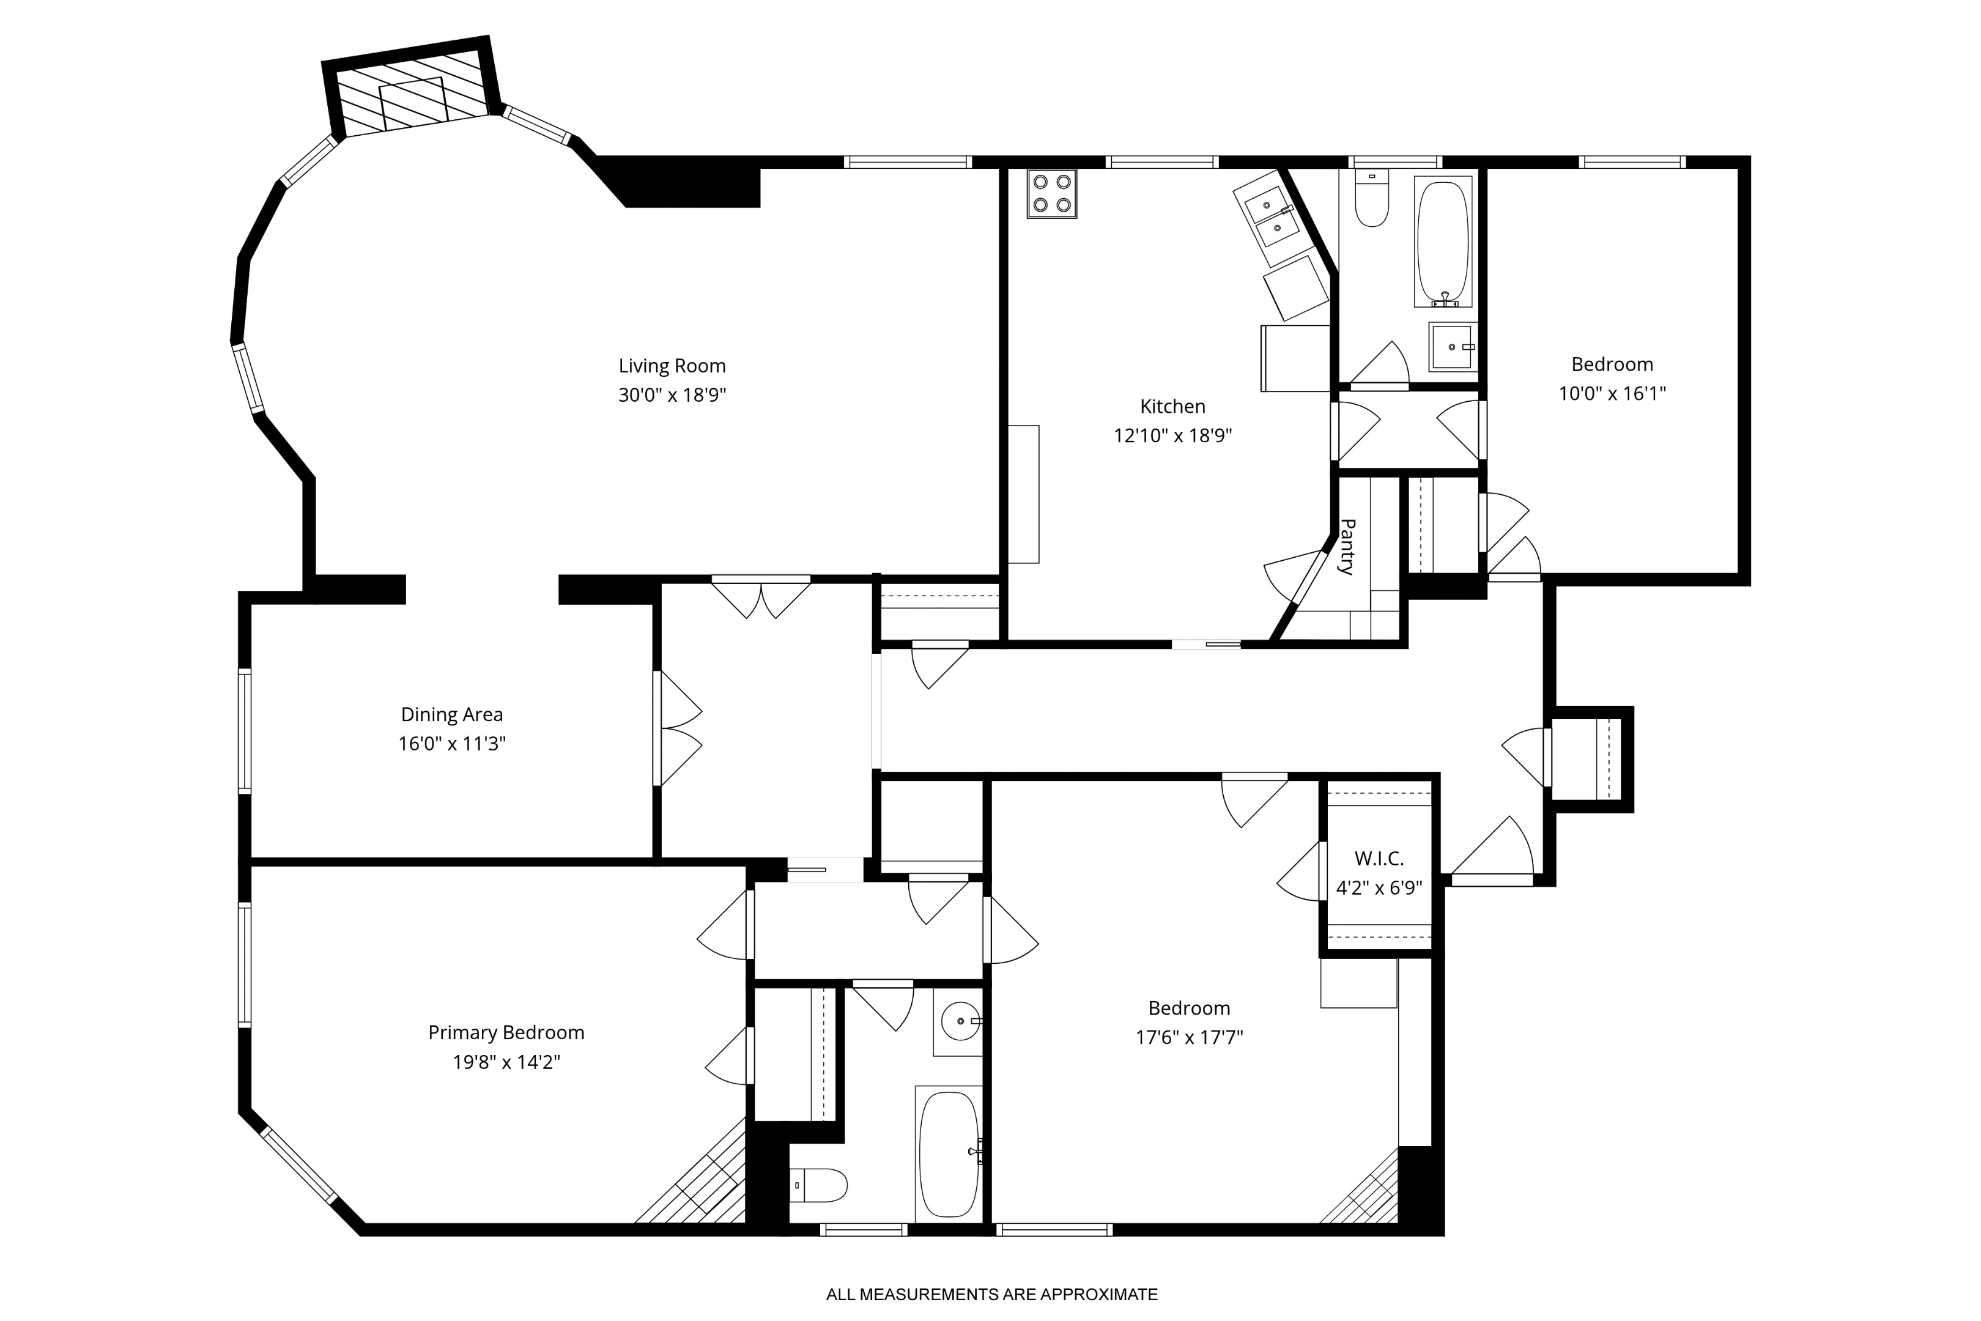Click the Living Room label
point(672,366)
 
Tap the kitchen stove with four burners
point(1051,194)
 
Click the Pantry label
point(1347,547)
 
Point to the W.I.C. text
point(1379,859)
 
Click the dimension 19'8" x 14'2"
point(506,1062)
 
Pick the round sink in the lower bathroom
point(958,1022)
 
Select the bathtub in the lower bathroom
point(949,1154)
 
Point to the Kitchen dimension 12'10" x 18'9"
point(1172,435)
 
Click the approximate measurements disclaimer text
point(991,1294)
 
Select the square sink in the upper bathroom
point(1451,346)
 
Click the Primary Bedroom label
point(506,1032)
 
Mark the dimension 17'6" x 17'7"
point(1188,1037)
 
